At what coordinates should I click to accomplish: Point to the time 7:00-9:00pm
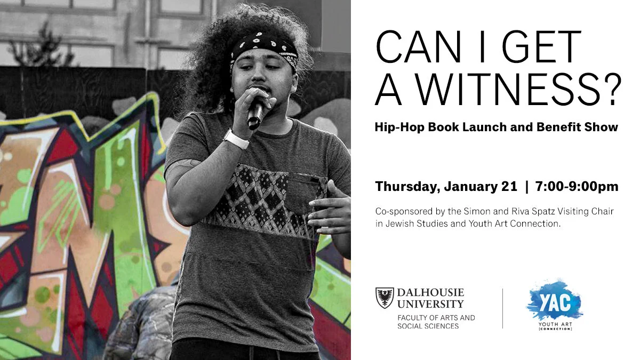577,187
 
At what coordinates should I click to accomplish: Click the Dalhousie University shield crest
385,298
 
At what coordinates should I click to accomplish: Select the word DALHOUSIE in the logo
430,293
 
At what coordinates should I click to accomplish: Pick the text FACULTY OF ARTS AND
436,318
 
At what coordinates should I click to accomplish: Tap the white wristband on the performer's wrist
236,139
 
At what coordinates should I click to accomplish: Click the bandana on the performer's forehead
265,47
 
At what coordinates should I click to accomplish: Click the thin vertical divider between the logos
502,308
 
